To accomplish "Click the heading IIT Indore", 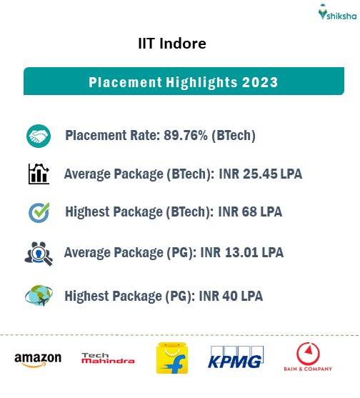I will coord(172,44).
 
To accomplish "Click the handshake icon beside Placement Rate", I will coord(38,136).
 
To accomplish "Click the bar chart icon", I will coord(38,174).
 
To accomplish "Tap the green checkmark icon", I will coord(38,212).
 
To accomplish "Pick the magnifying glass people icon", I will coord(38,254).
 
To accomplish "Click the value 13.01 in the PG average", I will coord(242,252).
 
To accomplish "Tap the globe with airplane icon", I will coord(38,295).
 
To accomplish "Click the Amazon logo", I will coord(38,359).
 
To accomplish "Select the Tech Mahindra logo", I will coord(107,358).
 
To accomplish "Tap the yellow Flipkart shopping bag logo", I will coord(172,358).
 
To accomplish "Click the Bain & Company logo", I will coord(309,358).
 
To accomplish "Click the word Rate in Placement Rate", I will coord(147,136).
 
